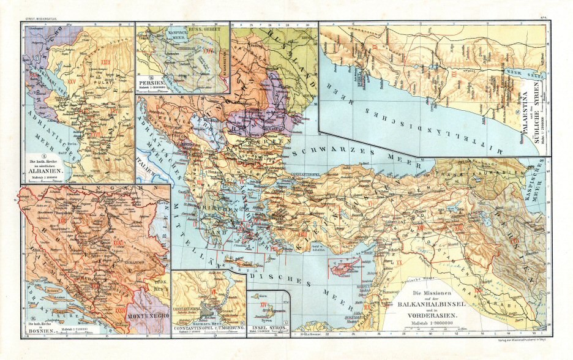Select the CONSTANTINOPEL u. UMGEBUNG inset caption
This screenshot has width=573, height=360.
[x=209, y=329]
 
